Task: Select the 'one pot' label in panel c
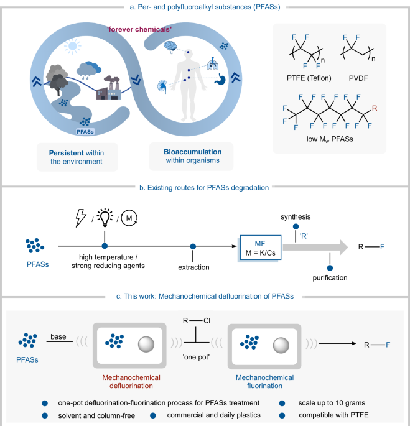187,359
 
